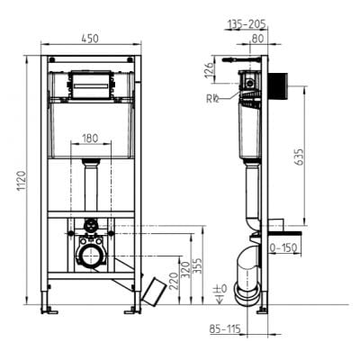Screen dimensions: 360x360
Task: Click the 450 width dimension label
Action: [90, 39]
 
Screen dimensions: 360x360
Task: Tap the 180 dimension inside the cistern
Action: [90, 139]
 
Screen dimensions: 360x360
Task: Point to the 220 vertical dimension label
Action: [172, 268]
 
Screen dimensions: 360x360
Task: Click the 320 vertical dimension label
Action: [186, 267]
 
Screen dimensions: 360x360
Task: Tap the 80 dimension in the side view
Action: [258, 39]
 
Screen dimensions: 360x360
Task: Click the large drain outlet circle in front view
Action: [91, 256]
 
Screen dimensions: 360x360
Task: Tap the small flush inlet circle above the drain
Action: [91, 225]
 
